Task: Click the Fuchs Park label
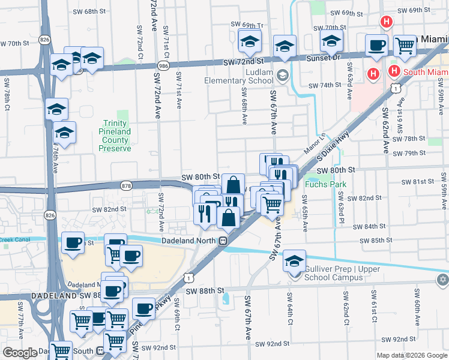click(x=327, y=184)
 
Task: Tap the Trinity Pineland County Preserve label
click(x=115, y=140)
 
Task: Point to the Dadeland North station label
click(x=189, y=241)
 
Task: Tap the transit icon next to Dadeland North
click(x=223, y=241)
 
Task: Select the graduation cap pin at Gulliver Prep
click(x=294, y=261)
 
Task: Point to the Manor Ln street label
click(x=316, y=142)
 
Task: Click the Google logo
click(x=20, y=353)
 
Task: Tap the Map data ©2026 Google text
click(x=411, y=355)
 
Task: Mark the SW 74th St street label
click(x=326, y=85)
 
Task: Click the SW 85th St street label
click(x=377, y=241)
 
